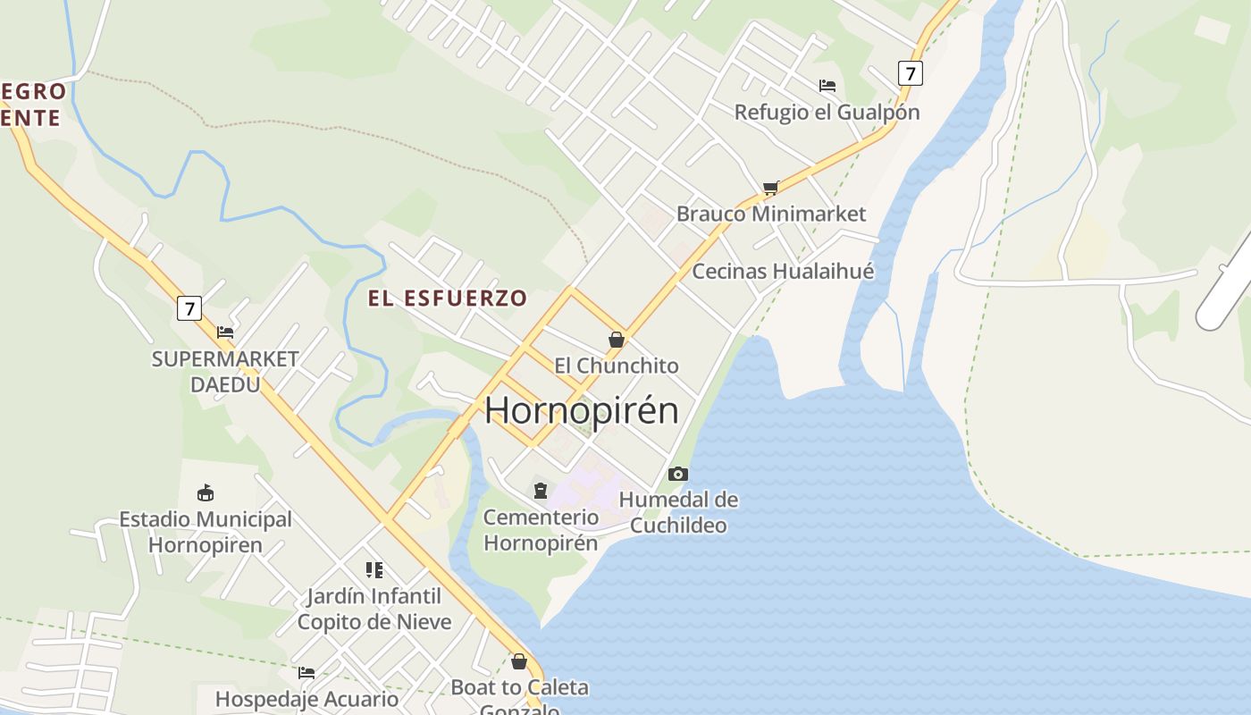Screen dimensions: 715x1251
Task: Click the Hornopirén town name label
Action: (x=582, y=410)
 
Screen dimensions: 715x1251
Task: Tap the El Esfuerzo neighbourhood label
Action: (x=448, y=298)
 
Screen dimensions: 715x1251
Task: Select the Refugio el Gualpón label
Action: (x=827, y=112)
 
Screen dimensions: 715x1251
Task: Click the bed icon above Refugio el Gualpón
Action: (x=827, y=86)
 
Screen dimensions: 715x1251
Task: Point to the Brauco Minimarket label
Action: (x=771, y=214)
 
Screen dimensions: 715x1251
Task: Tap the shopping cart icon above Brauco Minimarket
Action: (x=770, y=188)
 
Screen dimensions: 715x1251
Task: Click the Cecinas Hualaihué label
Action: (x=783, y=271)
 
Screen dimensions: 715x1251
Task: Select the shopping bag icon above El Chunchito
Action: (x=616, y=340)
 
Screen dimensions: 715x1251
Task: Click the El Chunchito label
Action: (x=617, y=366)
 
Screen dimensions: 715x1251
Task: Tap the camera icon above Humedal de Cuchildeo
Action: (x=678, y=474)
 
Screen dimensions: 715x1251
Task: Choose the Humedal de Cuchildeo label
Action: (x=679, y=512)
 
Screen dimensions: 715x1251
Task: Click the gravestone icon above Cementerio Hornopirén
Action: (x=541, y=490)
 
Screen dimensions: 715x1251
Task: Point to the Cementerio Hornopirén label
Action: (x=541, y=529)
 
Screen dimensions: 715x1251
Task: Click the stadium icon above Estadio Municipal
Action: (x=206, y=492)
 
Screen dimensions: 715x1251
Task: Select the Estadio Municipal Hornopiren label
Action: (x=206, y=532)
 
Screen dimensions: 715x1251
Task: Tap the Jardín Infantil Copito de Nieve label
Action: (x=374, y=609)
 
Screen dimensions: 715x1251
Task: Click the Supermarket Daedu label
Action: (x=225, y=371)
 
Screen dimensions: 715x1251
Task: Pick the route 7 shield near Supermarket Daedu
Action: (x=189, y=308)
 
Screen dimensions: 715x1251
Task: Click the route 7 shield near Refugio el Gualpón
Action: (x=910, y=72)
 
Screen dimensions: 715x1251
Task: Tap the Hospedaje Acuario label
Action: (x=306, y=699)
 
